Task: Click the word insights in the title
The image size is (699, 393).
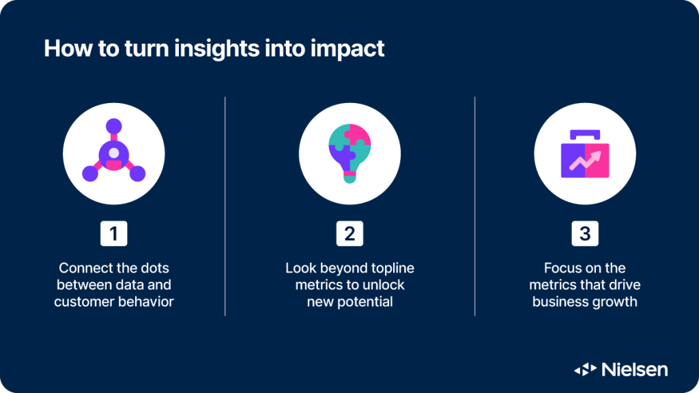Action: [x=217, y=49]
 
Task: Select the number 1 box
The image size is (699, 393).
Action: [x=114, y=233]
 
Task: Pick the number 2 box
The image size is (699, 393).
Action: [x=349, y=233]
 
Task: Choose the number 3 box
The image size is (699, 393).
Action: [x=585, y=233]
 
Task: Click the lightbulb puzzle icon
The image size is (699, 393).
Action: [x=350, y=154]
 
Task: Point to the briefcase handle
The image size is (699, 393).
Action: [x=585, y=134]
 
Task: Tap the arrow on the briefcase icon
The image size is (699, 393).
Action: [x=585, y=160]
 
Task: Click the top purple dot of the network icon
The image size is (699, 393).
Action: [x=114, y=126]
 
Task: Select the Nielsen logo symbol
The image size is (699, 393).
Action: [x=585, y=369]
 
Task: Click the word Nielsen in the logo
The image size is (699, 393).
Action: [x=635, y=369]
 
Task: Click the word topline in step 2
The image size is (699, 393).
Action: [x=393, y=267]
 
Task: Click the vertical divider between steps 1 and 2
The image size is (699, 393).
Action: [x=225, y=206]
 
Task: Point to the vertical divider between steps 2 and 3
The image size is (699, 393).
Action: [x=475, y=206]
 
